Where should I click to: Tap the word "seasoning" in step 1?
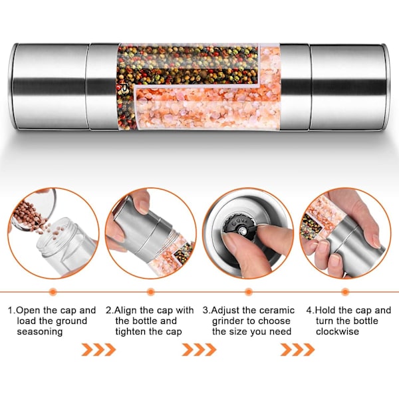pos(40,332)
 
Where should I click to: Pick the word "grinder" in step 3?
pos(229,321)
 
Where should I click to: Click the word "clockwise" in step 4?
pos(337,332)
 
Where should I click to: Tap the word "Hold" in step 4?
pos(326,311)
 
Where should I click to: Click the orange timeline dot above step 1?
pos(53,292)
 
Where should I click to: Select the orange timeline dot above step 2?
pos(151,292)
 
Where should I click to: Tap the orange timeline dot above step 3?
pos(248,292)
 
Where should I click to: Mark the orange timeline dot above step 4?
pos(345,292)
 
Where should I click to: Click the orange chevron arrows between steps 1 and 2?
pos(98,349)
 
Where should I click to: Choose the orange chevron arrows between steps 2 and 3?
pos(199,349)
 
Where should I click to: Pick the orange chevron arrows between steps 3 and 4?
pos(298,349)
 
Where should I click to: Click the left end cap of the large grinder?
pos(49,86)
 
